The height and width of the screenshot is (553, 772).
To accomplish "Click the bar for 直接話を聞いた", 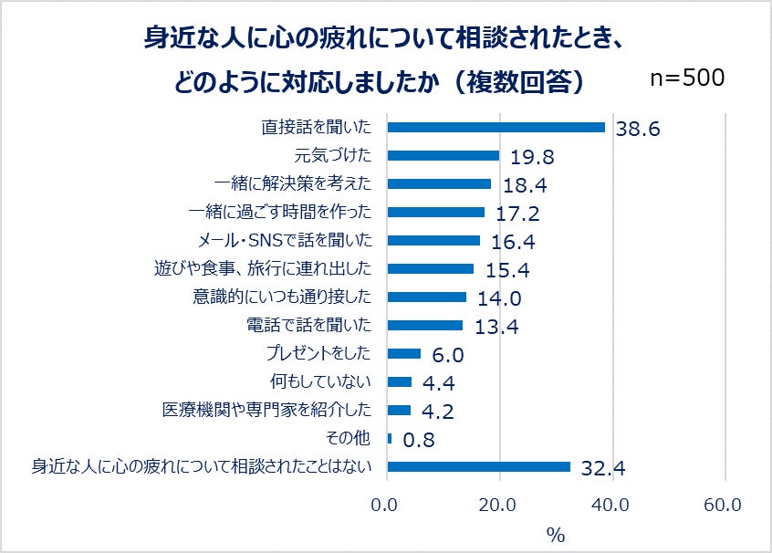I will tap(496, 127).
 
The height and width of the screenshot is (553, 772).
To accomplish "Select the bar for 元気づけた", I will tap(443, 155).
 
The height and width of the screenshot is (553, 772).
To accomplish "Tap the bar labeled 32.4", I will tap(479, 467).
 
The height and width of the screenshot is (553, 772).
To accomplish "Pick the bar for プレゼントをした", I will tap(404, 354).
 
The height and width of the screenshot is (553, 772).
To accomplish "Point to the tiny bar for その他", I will tap(391, 439).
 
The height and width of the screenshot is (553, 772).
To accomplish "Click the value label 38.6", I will tap(637, 129).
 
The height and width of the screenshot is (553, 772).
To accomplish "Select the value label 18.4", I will tap(525, 185).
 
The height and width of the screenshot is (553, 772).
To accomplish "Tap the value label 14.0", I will tap(499, 298).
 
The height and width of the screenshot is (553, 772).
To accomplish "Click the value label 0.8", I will tap(419, 440).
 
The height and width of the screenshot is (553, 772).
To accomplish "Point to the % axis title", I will tap(556, 536).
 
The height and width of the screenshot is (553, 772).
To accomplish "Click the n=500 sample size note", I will tap(687, 78).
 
